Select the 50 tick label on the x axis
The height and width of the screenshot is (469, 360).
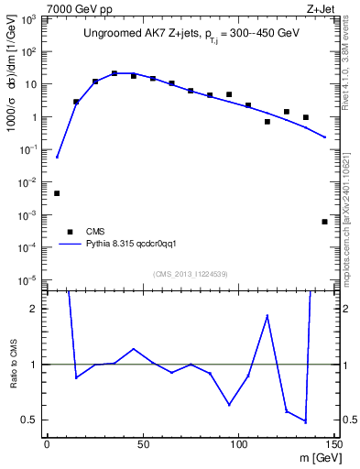click(143, 443)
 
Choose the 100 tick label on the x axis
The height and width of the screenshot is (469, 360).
click(239, 443)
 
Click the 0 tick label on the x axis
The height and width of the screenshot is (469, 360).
click(48, 443)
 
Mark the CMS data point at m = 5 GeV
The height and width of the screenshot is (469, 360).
click(57, 193)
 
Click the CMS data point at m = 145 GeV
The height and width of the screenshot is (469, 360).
click(325, 222)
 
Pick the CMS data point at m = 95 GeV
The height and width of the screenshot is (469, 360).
click(229, 94)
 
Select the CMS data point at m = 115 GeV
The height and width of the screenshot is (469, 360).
click(267, 121)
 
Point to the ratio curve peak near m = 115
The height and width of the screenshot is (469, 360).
click(267, 315)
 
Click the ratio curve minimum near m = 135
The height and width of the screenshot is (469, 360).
click(305, 421)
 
